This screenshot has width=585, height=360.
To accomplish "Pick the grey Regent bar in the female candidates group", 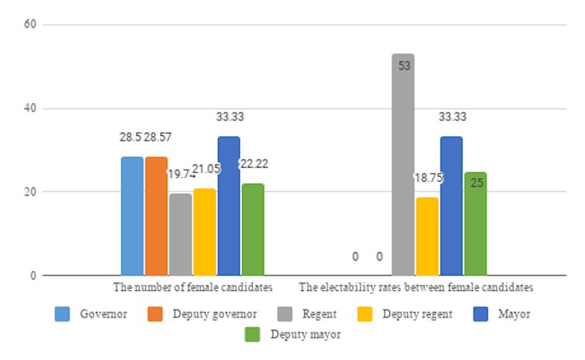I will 180,234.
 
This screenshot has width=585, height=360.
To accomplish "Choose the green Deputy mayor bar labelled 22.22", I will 253,229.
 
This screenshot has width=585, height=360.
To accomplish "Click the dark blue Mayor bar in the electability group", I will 452,206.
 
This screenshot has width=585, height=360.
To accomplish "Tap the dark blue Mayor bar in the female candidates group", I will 229,206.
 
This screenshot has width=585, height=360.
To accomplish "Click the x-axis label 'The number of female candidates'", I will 192,287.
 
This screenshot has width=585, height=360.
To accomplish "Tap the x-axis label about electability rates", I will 416,287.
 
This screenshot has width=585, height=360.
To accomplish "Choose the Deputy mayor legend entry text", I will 306,335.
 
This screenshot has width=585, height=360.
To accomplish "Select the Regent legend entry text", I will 320,314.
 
